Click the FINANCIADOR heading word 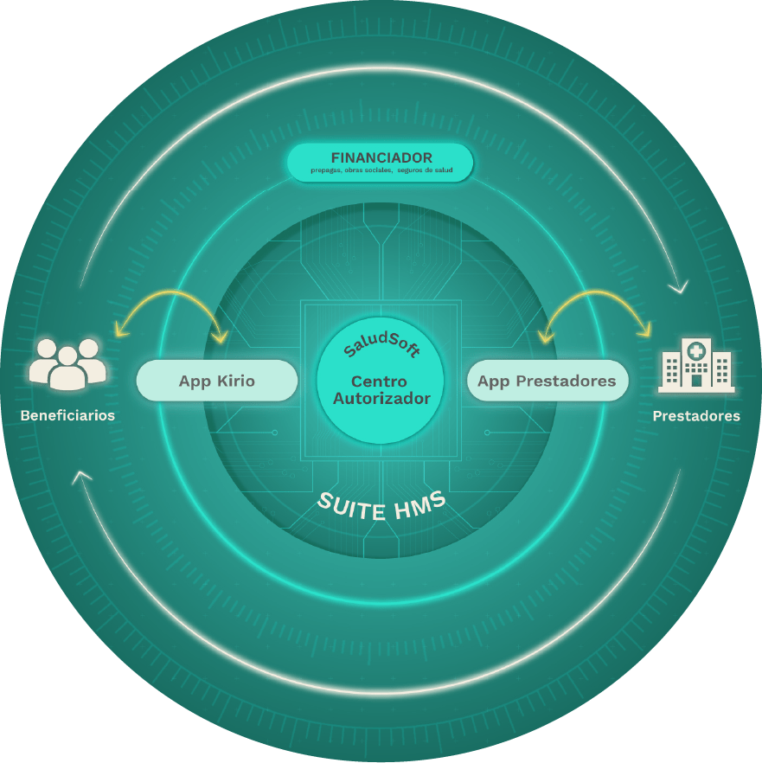pyautogui.click(x=381, y=157)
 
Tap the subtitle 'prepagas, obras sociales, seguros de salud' pyautogui.click(x=381, y=170)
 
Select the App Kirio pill pyautogui.click(x=217, y=381)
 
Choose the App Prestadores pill pyautogui.click(x=547, y=381)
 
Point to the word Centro pyautogui.click(x=379, y=381)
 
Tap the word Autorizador pyautogui.click(x=381, y=399)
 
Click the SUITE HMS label pyautogui.click(x=381, y=506)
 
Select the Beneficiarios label pyautogui.click(x=67, y=415)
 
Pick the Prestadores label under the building pyautogui.click(x=696, y=416)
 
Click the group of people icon pyautogui.click(x=67, y=364)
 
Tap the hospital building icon pyautogui.click(x=696, y=365)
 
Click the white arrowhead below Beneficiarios pyautogui.click(x=82, y=478)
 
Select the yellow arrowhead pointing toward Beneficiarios pyautogui.click(x=122, y=330)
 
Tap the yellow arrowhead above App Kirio pyautogui.click(x=221, y=337)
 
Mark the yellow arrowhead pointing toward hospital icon pyautogui.click(x=644, y=330)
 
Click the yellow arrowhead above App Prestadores pyautogui.click(x=546, y=337)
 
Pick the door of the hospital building pyautogui.click(x=696, y=380)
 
